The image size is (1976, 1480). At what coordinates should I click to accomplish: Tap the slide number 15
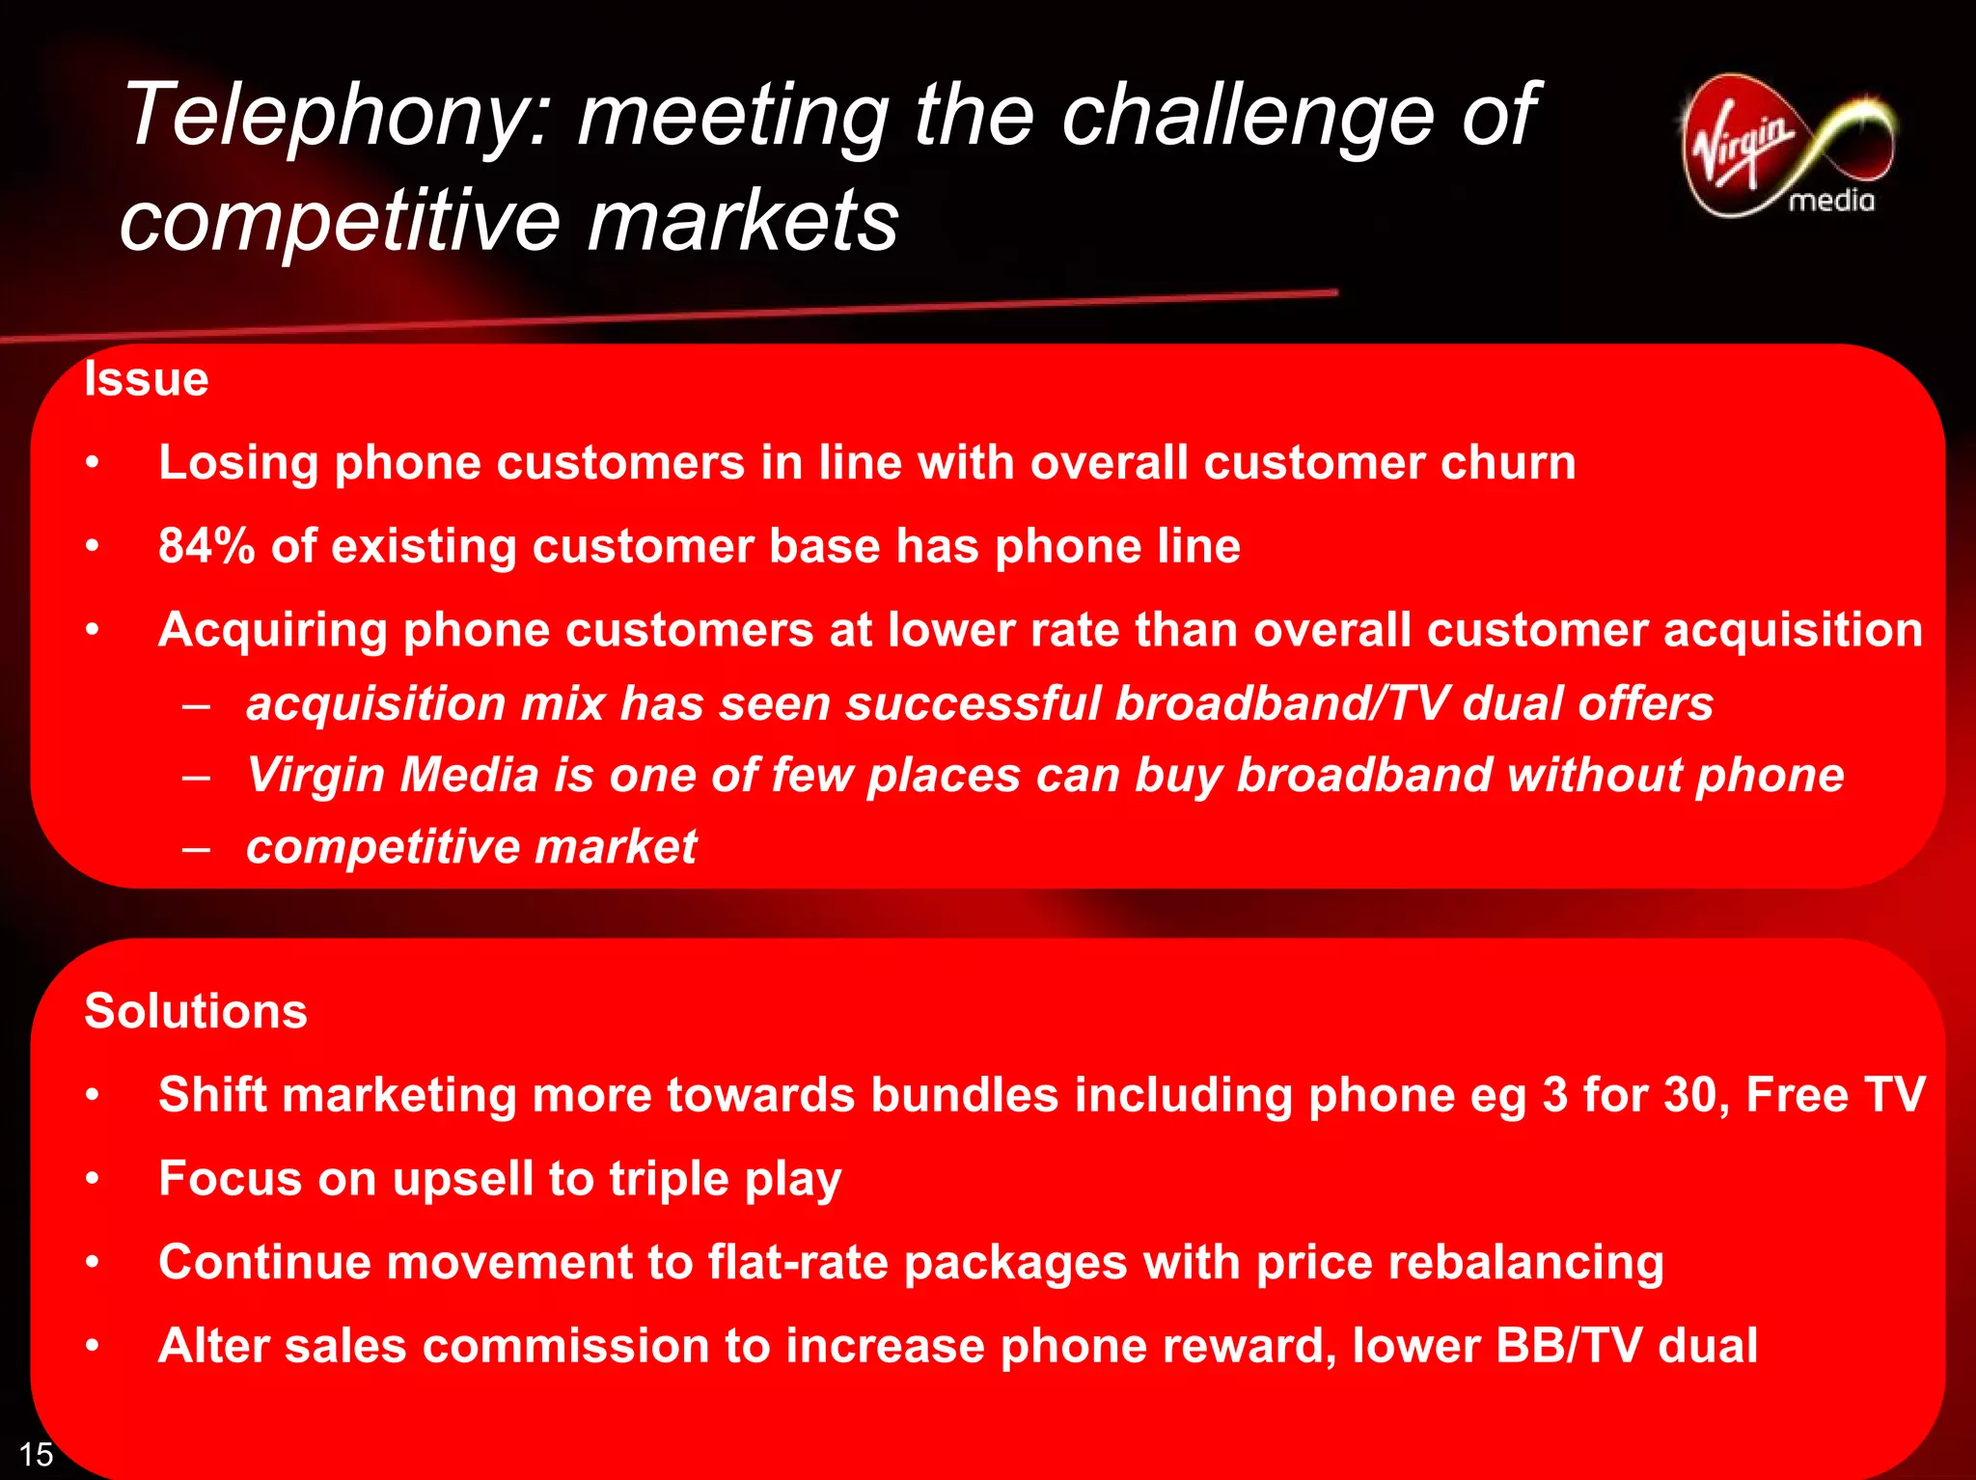click(x=36, y=1454)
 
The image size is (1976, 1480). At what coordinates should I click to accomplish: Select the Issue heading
click(x=146, y=378)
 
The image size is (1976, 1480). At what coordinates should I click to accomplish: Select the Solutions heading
click(x=195, y=1011)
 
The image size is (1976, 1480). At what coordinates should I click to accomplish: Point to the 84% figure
click(x=206, y=546)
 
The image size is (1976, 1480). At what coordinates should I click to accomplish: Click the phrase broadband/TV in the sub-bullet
click(x=1280, y=703)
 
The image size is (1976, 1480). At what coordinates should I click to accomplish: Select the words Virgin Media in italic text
click(x=393, y=775)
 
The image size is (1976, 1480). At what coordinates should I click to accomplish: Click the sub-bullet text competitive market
click(x=471, y=847)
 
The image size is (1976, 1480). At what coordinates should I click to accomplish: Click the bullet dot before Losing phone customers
click(x=92, y=463)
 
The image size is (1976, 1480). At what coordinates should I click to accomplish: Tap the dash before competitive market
click(x=196, y=849)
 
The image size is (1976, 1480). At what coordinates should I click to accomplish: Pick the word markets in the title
click(x=743, y=222)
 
